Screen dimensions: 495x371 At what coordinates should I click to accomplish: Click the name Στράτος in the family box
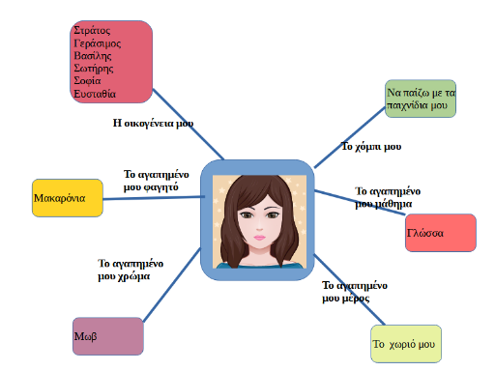point(92,30)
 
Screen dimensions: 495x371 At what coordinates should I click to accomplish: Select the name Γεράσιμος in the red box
point(98,43)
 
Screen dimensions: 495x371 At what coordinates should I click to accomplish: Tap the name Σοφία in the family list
point(87,81)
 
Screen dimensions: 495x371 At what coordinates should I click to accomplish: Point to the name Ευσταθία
point(95,94)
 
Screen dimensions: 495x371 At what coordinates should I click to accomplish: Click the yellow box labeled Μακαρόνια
point(68,198)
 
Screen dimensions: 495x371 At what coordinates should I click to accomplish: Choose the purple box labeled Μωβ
point(108,336)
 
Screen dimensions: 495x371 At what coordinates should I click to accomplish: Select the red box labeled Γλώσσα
point(441,233)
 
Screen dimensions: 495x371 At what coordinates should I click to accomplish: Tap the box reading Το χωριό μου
point(406,344)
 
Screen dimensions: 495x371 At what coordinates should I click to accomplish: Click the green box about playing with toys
point(421,99)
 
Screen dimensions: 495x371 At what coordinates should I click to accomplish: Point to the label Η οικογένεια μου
point(153,124)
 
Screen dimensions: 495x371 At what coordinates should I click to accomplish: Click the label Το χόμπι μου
point(371,147)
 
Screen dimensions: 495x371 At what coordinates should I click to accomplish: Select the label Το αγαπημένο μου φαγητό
point(157,181)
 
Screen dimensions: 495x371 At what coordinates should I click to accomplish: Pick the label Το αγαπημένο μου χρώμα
point(131,270)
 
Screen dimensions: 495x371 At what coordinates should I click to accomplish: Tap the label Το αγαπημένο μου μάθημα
point(388,197)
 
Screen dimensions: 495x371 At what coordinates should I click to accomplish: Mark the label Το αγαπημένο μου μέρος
point(355,292)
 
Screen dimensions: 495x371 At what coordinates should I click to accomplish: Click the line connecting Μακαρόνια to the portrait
point(154,198)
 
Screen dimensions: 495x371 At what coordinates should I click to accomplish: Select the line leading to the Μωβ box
point(172,285)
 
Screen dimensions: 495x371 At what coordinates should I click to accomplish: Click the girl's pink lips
point(259,238)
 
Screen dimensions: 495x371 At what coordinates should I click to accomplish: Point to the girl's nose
point(259,227)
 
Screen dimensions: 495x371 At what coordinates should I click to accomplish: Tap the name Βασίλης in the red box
point(93,56)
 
